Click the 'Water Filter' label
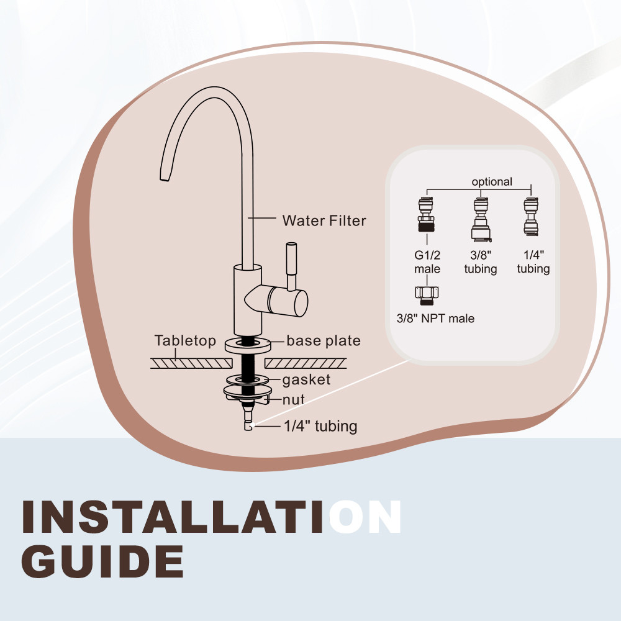pos(324,220)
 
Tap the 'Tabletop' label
pos(185,340)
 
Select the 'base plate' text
pos(324,340)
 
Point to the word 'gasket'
pos(306,380)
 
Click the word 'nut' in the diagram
pos(294,399)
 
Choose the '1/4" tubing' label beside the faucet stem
pos(320,426)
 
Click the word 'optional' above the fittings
pos(492,181)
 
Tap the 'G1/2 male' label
pos(427,262)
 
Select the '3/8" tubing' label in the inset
pos(481,262)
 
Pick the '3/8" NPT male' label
pos(435,319)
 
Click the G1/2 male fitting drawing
pos(426,214)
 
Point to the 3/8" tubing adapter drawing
pos(481,219)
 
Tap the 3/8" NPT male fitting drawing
pos(427,296)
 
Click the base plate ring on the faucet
pos(248,345)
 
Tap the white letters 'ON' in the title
pos(365,517)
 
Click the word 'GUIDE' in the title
pos(102,561)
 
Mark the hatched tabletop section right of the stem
pos(306,363)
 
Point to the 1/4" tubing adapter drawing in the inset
pos(531,217)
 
